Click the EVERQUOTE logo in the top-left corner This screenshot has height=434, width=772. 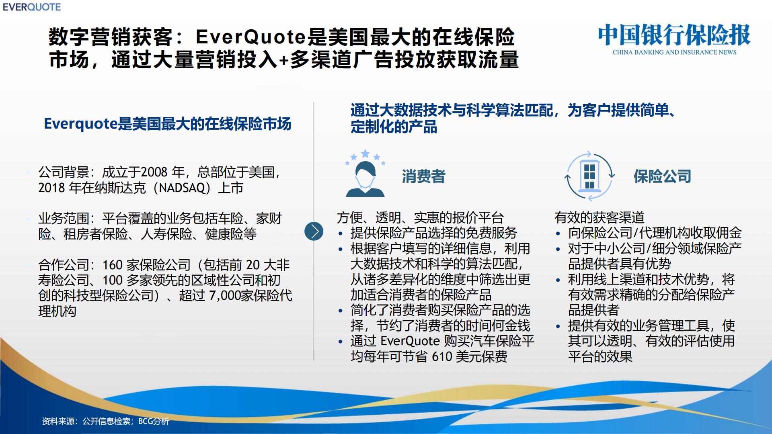tap(32, 7)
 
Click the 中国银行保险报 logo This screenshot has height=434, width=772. tap(674, 35)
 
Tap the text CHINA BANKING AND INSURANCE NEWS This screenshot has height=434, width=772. tap(674, 52)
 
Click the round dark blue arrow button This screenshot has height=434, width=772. tap(314, 231)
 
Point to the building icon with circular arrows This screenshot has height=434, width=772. tap(589, 176)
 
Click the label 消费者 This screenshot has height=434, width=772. tap(423, 176)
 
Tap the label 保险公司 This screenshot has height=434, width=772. tap(662, 176)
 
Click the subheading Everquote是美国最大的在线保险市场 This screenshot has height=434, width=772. tap(167, 124)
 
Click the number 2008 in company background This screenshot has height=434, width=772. tap(154, 172)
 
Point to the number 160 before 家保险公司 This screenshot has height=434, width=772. tap(112, 265)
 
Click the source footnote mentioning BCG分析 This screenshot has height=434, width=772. tap(106, 421)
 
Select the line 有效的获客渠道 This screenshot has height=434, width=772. tap(600, 217)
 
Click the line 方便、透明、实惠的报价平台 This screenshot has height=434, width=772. tap(420, 217)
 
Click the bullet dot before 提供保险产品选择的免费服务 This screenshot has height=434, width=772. tap(341, 234)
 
